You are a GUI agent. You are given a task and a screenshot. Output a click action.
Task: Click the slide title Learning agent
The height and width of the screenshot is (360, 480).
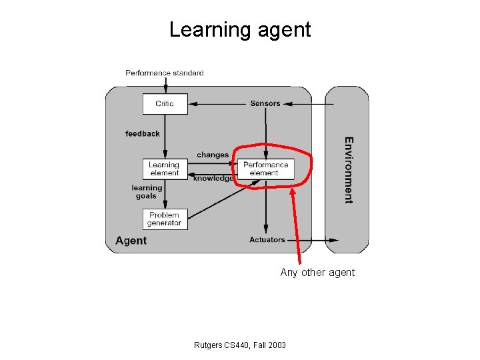[x=239, y=30]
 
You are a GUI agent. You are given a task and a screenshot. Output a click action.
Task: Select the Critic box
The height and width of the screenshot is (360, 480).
[x=165, y=103]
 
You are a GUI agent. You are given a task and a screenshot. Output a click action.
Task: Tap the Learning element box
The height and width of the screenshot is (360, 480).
[x=164, y=169]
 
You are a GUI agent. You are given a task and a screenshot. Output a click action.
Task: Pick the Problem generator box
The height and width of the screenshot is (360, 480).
[x=165, y=219]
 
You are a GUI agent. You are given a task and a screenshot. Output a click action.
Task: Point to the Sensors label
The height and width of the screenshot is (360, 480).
[x=265, y=103]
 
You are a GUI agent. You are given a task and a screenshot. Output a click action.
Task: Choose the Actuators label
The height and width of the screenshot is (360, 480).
[x=267, y=240]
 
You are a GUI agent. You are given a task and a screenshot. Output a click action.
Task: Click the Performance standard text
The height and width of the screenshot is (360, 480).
[x=165, y=73]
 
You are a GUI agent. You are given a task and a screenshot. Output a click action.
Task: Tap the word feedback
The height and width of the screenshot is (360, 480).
[x=143, y=133]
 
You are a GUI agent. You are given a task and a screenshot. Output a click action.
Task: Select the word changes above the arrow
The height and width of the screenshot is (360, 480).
[x=213, y=155]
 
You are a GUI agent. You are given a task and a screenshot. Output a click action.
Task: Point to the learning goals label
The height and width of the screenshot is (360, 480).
[x=147, y=192]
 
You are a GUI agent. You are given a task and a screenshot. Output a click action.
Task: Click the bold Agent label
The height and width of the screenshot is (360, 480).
[x=131, y=241]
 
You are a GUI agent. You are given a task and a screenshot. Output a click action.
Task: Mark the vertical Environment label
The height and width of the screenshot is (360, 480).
[x=348, y=170]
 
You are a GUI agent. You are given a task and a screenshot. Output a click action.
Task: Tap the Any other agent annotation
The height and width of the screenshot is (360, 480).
[x=317, y=272]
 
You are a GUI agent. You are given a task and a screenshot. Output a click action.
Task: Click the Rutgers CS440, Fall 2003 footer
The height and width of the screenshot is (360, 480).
[x=239, y=345]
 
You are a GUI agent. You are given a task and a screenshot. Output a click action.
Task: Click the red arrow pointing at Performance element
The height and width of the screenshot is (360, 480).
[x=296, y=227]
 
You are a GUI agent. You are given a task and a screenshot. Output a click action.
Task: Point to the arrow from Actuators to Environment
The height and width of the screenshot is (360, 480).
[x=313, y=240]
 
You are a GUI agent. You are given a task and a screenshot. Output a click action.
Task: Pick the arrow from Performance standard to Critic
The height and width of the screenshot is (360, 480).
[x=165, y=85]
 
